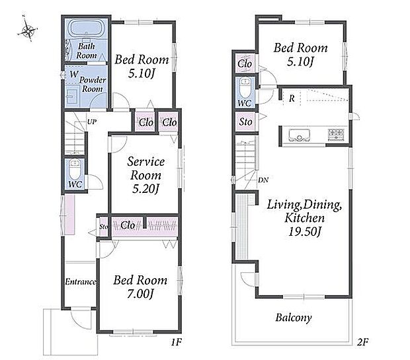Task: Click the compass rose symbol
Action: tap(28, 30)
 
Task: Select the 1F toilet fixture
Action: tap(75, 169)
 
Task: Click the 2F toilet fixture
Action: tap(245, 87)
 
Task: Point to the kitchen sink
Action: tap(299, 135)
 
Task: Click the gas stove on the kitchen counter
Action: tap(336, 135)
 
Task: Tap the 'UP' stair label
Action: tap(92, 122)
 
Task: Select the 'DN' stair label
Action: tap(263, 180)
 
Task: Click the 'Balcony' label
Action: tap(294, 318)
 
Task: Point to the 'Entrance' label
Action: tap(81, 281)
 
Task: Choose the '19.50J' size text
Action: tap(304, 231)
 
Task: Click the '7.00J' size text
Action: tap(140, 294)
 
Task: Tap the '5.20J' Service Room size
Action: tap(145, 189)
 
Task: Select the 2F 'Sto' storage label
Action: tap(245, 122)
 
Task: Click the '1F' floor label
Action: tap(177, 342)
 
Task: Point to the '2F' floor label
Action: tap(362, 342)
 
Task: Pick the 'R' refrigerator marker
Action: tap(292, 98)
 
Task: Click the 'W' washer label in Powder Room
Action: tap(74, 74)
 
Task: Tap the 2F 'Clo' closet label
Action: tap(245, 63)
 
